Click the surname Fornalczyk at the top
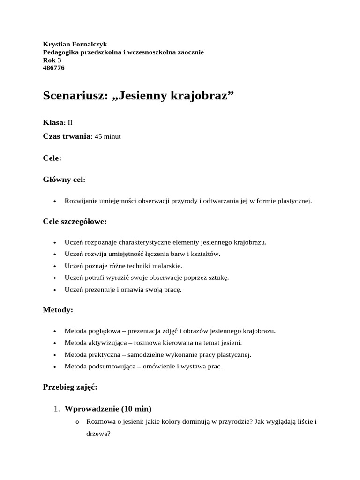(89, 44)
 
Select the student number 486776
(53, 68)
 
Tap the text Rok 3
(52, 60)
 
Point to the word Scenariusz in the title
(75, 96)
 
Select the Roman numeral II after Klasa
(70, 123)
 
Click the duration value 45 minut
(107, 136)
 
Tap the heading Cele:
(52, 158)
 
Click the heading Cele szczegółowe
(75, 221)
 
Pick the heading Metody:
(58, 310)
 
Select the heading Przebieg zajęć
(70, 387)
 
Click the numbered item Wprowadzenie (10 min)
(108, 408)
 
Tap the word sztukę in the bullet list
(217, 277)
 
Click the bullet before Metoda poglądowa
(55, 331)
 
